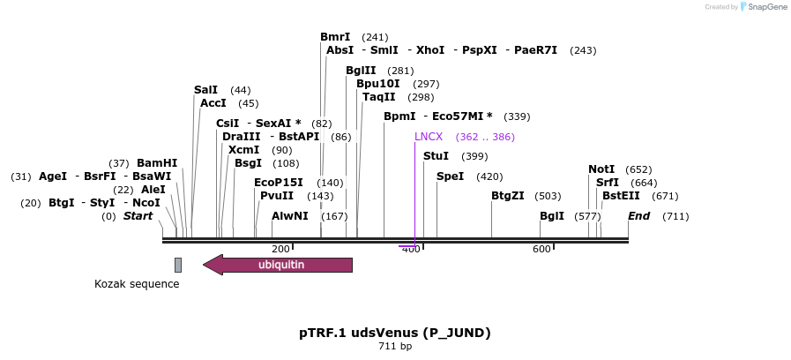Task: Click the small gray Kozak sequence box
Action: click(x=178, y=265)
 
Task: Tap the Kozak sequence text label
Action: click(x=137, y=284)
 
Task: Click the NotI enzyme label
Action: click(x=601, y=169)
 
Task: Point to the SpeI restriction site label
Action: click(x=450, y=176)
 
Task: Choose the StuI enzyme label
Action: click(x=437, y=156)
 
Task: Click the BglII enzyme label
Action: click(x=361, y=71)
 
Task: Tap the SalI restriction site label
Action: click(x=205, y=90)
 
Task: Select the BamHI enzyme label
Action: click(x=157, y=163)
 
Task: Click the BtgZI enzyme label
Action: click(x=508, y=196)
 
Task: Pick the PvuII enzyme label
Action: click(x=278, y=196)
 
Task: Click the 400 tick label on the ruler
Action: click(x=411, y=250)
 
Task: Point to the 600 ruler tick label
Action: click(x=541, y=250)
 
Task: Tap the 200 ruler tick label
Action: click(x=281, y=250)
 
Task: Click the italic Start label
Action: click(x=138, y=216)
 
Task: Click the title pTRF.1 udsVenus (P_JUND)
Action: click(x=395, y=333)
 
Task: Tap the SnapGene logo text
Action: click(x=764, y=7)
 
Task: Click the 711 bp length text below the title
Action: click(x=395, y=346)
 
